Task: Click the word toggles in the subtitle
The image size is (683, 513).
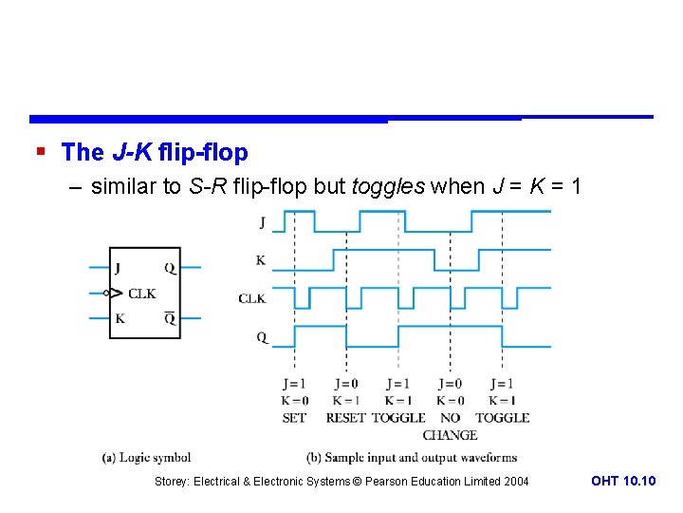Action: point(387,186)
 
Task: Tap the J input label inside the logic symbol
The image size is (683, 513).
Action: point(118,268)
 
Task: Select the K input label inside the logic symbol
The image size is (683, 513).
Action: point(120,318)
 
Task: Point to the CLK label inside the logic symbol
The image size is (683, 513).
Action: point(142,294)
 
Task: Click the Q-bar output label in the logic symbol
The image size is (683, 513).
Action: point(170,317)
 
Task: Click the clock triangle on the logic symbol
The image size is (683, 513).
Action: point(114,293)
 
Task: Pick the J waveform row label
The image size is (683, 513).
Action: point(261,222)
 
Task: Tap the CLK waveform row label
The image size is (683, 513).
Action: point(252,298)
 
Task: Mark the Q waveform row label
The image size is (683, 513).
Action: point(261,336)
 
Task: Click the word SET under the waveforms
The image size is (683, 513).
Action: point(294,417)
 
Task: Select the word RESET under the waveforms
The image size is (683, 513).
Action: point(345,417)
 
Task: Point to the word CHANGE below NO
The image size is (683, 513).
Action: point(450,435)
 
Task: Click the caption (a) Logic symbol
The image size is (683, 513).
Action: point(147,458)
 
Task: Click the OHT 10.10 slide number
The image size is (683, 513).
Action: point(622,481)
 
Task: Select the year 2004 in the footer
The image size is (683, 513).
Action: point(515,482)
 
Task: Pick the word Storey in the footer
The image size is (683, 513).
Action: point(171,482)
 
